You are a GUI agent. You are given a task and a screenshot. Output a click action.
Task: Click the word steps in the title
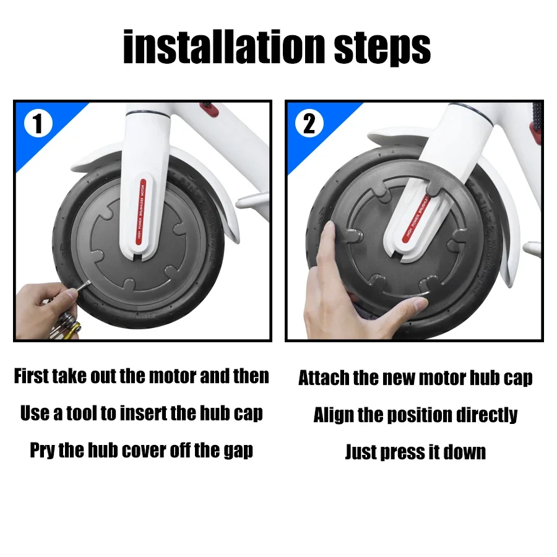pos(382,50)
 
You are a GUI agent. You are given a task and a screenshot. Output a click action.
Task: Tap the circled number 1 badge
pos(38,123)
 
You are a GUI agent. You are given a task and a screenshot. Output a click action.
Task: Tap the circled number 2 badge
pos(309,123)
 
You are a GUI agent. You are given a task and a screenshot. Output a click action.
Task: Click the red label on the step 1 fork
pos(140,212)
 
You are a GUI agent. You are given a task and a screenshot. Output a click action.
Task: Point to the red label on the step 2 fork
pos(417,217)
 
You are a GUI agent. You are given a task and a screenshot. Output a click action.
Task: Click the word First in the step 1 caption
pos(32,376)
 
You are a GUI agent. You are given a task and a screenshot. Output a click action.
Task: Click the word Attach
pos(324,378)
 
